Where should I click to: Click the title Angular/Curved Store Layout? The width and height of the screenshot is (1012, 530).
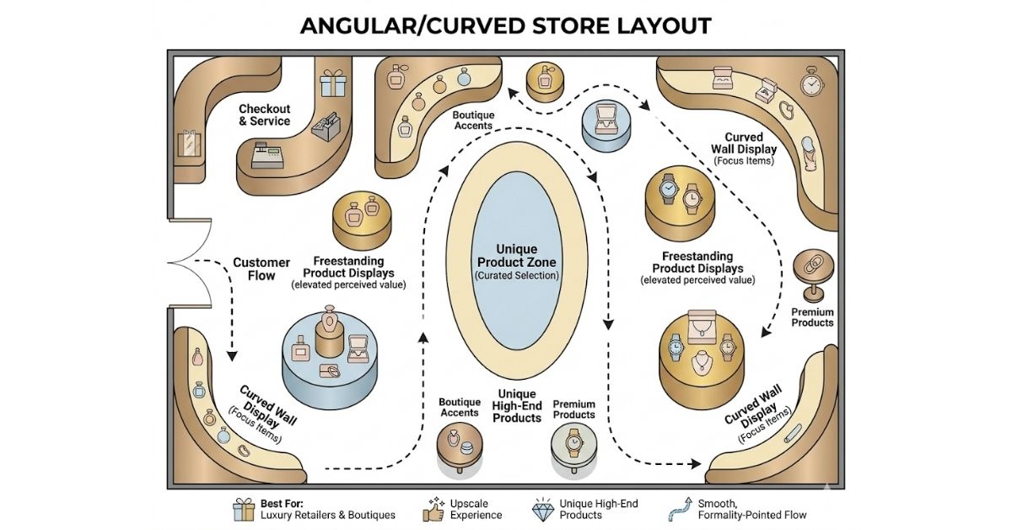(506, 24)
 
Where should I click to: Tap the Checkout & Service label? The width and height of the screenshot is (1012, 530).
(264, 115)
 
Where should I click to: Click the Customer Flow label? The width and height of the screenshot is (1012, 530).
(261, 268)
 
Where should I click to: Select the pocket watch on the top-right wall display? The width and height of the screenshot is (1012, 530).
(810, 84)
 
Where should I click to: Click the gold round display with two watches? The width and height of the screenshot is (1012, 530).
(679, 200)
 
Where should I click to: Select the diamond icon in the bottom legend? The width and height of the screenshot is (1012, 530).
(539, 509)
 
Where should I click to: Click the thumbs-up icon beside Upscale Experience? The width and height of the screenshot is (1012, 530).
(433, 509)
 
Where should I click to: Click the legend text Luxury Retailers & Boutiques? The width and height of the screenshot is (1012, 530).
(327, 515)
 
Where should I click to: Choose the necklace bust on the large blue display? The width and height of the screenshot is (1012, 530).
(326, 331)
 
